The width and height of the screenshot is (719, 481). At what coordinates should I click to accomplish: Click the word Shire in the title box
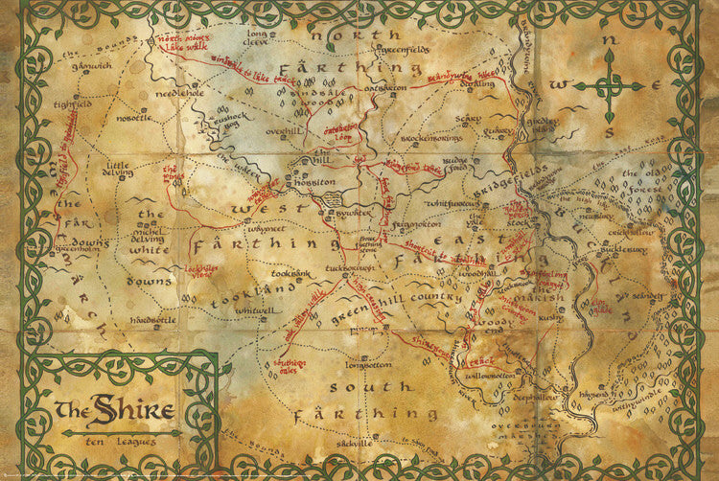134,411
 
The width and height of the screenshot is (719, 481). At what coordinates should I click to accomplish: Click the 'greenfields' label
393,47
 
